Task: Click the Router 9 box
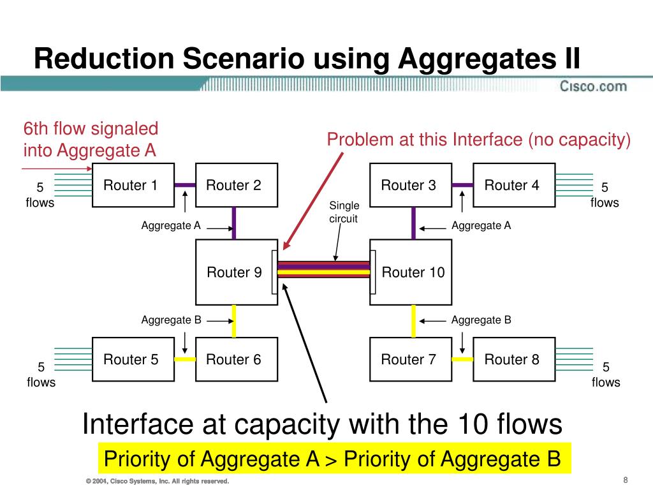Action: click(x=235, y=272)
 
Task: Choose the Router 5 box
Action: click(x=133, y=360)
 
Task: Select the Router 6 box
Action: click(x=236, y=360)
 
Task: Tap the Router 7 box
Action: click(x=411, y=360)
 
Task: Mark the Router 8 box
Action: click(x=514, y=360)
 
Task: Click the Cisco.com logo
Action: click(x=593, y=86)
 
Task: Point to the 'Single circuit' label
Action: click(x=344, y=212)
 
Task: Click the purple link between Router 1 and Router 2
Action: click(x=185, y=185)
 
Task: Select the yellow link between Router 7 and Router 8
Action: click(x=462, y=359)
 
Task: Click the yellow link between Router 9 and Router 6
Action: click(x=234, y=321)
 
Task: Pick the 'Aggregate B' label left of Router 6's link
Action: click(x=171, y=320)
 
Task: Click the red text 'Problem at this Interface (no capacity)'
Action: click(x=478, y=140)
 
